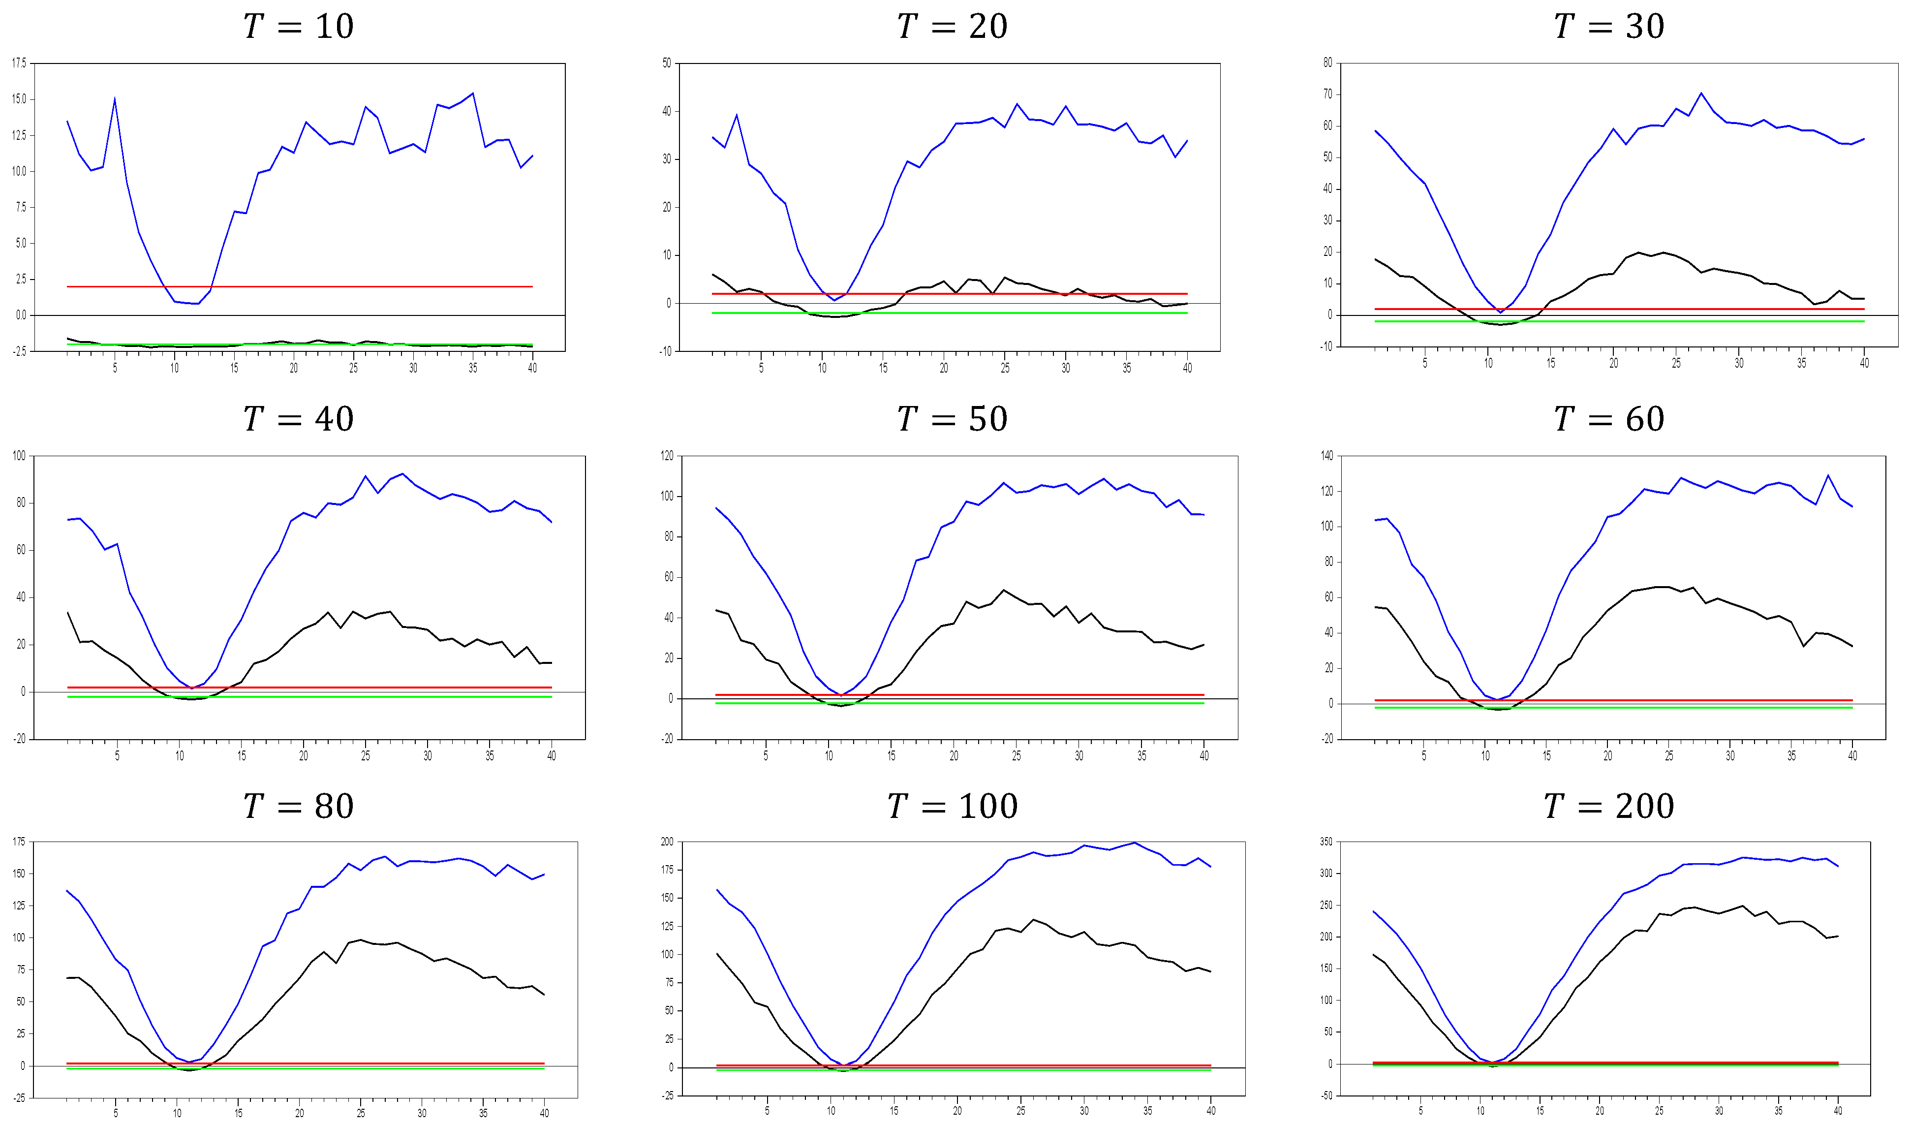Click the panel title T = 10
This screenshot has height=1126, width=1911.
click(298, 27)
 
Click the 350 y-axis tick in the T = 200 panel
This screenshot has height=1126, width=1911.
click(1325, 842)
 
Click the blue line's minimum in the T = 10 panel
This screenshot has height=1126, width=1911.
click(197, 304)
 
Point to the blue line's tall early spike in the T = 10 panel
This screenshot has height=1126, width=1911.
click(115, 98)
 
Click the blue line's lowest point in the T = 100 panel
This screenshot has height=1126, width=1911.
click(843, 1066)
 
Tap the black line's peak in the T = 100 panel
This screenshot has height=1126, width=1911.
click(1034, 920)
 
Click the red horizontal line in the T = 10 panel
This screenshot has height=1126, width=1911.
click(304, 287)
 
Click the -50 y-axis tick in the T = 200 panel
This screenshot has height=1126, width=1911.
click(1325, 1095)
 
